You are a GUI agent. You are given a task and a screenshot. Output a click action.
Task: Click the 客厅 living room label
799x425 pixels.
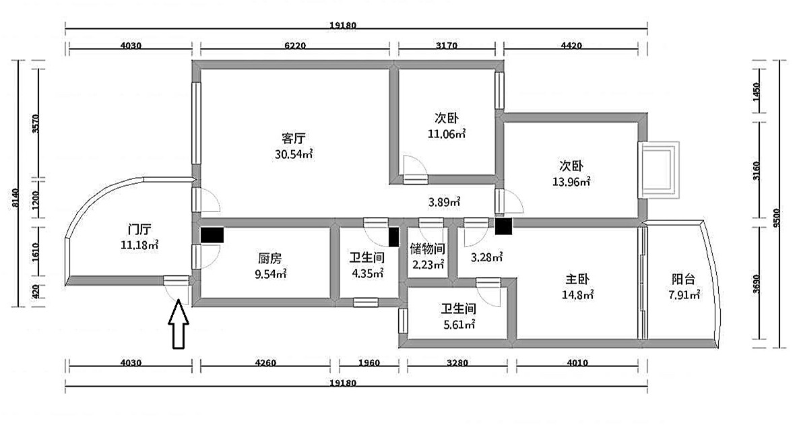tap(294, 139)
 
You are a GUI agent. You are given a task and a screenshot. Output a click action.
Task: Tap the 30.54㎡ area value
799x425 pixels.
tap(294, 154)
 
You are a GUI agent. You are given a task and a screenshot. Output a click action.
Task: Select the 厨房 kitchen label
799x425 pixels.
tap(270, 259)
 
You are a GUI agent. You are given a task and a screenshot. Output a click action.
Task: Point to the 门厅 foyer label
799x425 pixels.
tap(139, 229)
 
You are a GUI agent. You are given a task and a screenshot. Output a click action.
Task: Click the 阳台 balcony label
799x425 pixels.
tap(683, 280)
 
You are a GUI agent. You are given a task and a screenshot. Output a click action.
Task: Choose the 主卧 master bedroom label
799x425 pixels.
tap(577, 280)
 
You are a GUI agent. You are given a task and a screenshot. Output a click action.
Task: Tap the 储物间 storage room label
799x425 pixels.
tap(428, 249)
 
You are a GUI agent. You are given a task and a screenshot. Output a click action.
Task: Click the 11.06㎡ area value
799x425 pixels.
tap(447, 134)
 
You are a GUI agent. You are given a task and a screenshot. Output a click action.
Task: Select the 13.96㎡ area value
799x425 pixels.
tap(571, 181)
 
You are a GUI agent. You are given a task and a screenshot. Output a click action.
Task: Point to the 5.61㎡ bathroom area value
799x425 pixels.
tap(459, 324)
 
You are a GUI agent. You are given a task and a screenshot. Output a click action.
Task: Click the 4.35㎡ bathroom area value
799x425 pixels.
tap(367, 273)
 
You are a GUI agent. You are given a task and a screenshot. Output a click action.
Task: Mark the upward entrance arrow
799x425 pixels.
tap(179, 325)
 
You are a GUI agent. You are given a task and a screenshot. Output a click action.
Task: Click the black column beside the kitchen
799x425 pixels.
tap(212, 235)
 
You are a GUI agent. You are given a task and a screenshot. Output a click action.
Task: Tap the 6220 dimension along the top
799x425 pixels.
tap(295, 45)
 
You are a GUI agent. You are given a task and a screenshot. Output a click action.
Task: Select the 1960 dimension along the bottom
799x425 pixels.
tap(369, 363)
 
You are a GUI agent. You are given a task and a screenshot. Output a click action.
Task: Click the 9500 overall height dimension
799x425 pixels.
tap(776, 218)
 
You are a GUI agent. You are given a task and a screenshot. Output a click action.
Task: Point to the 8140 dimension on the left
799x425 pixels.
tap(15, 198)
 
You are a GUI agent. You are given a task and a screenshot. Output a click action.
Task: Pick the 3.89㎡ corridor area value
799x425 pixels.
tap(444, 202)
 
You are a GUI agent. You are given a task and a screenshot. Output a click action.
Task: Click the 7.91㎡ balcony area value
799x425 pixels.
tap(684, 295)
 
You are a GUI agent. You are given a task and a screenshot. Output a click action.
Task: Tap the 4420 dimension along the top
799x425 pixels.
tap(571, 45)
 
